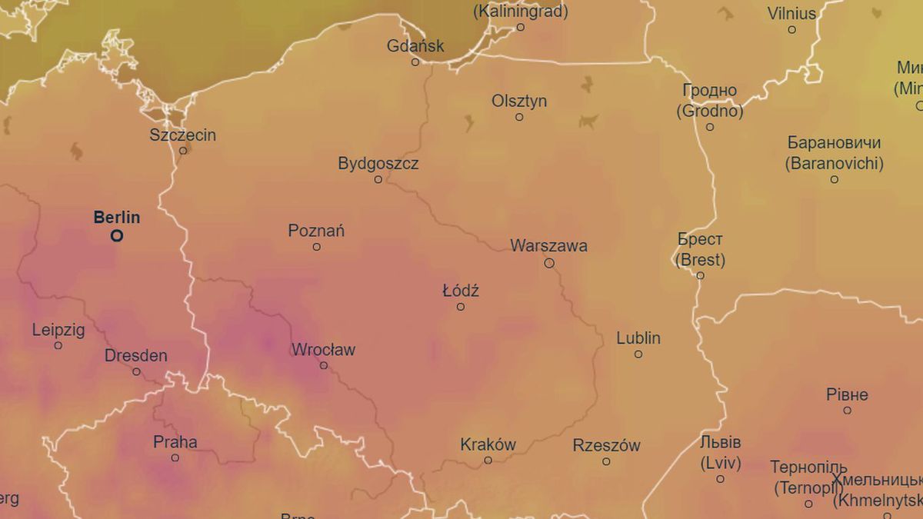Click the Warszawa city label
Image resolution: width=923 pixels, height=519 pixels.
548,246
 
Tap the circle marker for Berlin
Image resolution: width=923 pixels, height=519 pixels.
117,236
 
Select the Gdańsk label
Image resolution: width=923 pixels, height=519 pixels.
415,46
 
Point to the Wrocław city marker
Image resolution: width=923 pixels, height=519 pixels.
324,365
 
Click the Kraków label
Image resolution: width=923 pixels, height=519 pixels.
488,444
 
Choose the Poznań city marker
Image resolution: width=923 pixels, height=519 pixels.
316,247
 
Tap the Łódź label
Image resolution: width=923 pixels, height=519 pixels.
461,291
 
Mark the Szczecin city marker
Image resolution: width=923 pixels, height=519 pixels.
183,151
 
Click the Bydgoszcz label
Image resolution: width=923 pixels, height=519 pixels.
378,164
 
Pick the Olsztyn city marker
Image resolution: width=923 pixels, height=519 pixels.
519,117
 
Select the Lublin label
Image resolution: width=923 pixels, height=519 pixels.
638,338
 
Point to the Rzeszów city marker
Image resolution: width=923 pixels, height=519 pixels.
606,461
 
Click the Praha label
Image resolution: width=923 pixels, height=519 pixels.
175,442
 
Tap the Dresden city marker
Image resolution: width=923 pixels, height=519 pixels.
136,372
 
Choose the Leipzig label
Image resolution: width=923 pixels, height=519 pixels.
58,331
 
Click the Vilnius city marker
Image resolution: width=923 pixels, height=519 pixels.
791,29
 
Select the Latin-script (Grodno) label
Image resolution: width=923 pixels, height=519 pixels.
710,111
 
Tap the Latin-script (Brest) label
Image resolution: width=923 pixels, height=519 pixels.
700,260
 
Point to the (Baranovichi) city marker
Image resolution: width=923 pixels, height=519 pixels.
834,179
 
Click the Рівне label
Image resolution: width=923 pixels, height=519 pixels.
847,395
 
